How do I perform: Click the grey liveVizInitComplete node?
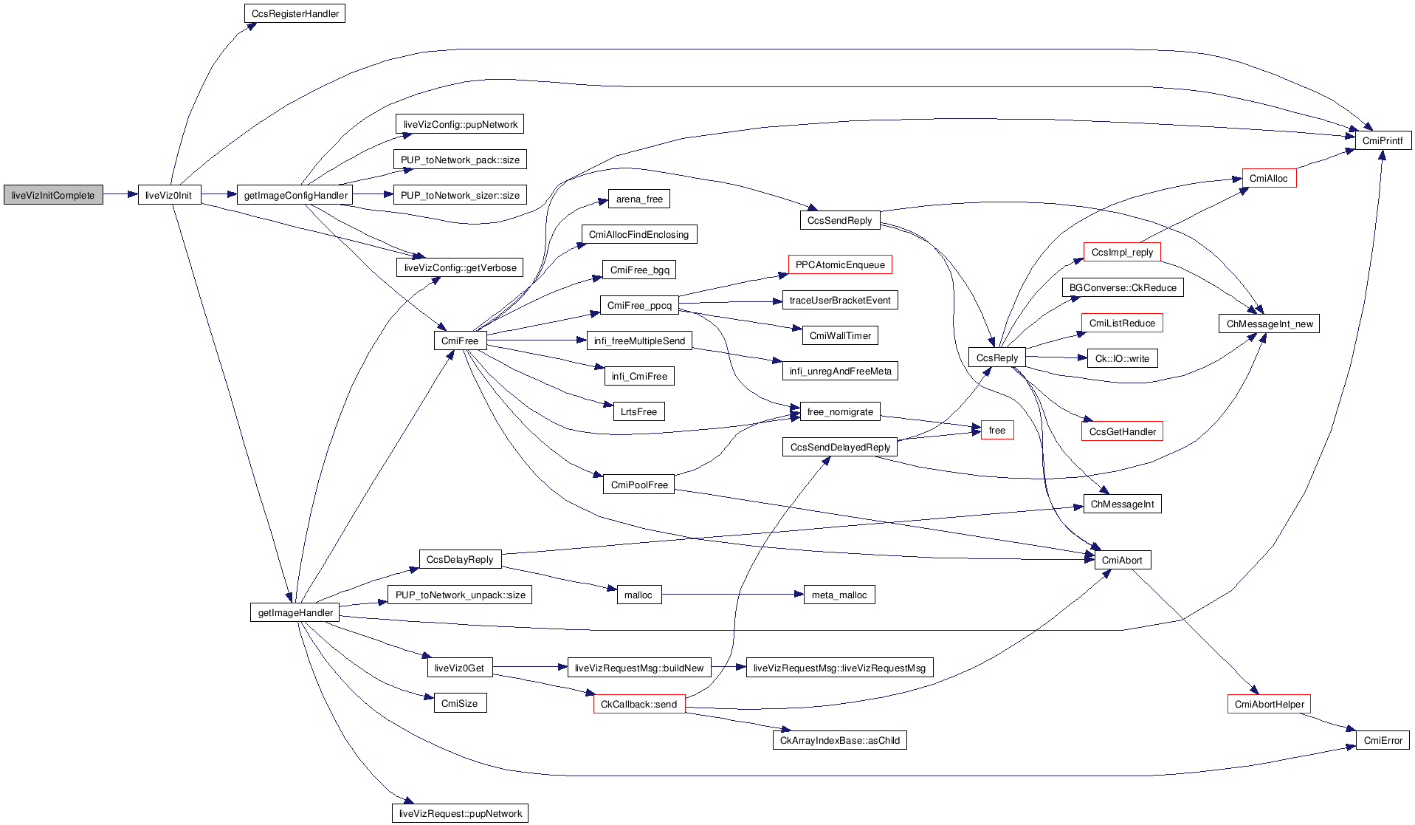53,195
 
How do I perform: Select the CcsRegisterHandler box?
295,13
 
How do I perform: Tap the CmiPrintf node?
1383,140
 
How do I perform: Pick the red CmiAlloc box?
1268,178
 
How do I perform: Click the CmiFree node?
460,340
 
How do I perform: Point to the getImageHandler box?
295,612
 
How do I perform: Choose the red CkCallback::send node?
638,704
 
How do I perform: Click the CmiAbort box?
1122,560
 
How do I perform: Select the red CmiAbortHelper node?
1269,704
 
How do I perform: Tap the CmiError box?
1383,740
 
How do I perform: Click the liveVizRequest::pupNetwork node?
460,813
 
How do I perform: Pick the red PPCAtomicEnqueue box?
840,264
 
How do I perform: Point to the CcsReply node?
996,357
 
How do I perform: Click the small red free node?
996,430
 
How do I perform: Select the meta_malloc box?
839,595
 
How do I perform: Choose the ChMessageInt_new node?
1269,324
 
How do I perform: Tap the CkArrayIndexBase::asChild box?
839,740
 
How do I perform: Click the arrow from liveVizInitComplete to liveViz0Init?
120,195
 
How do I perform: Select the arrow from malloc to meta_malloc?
731,595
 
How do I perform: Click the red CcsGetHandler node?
1122,431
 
